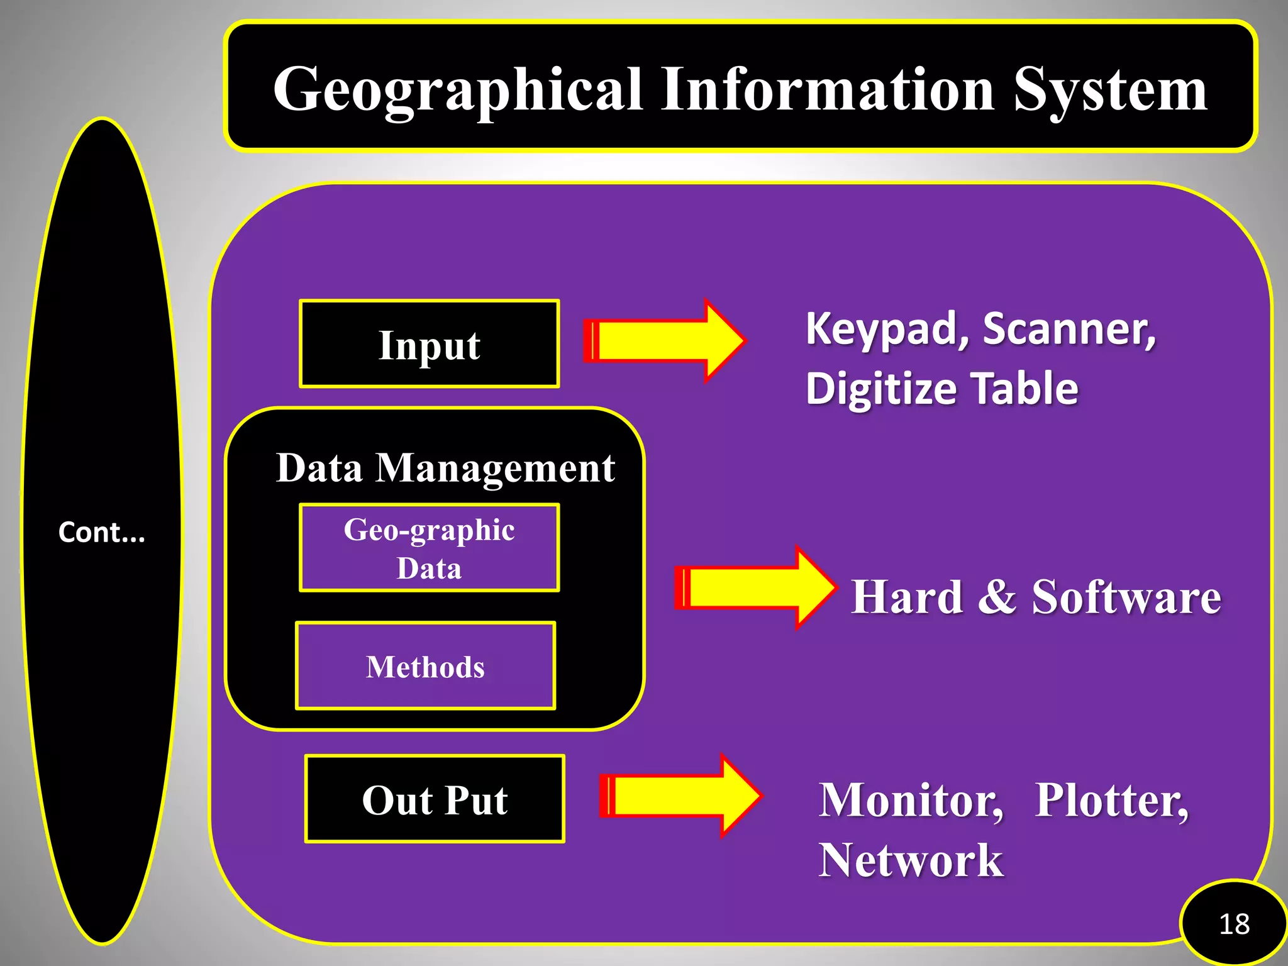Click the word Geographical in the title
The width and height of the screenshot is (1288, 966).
click(458, 91)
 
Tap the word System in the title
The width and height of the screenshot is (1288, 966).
click(1111, 91)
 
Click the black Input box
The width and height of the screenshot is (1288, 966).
click(429, 344)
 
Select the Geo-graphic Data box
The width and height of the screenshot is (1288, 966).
click(429, 548)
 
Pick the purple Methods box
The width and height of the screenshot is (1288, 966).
click(425, 666)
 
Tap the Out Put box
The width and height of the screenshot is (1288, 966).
click(435, 799)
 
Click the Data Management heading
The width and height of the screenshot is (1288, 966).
click(445, 468)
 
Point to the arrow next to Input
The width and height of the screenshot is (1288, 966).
click(663, 341)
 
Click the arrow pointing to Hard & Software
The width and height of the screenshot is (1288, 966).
click(755, 587)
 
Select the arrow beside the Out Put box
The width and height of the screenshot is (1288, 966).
click(680, 796)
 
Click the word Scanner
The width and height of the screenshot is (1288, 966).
click(1069, 329)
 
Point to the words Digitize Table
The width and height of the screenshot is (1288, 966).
click(941, 388)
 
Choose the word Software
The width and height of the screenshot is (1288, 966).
click(1126, 597)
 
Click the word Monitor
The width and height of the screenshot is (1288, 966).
click(911, 801)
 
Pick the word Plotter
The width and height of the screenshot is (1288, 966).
click(1112, 801)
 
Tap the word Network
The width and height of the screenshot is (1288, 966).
click(911, 860)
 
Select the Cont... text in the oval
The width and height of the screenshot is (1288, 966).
click(101, 532)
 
